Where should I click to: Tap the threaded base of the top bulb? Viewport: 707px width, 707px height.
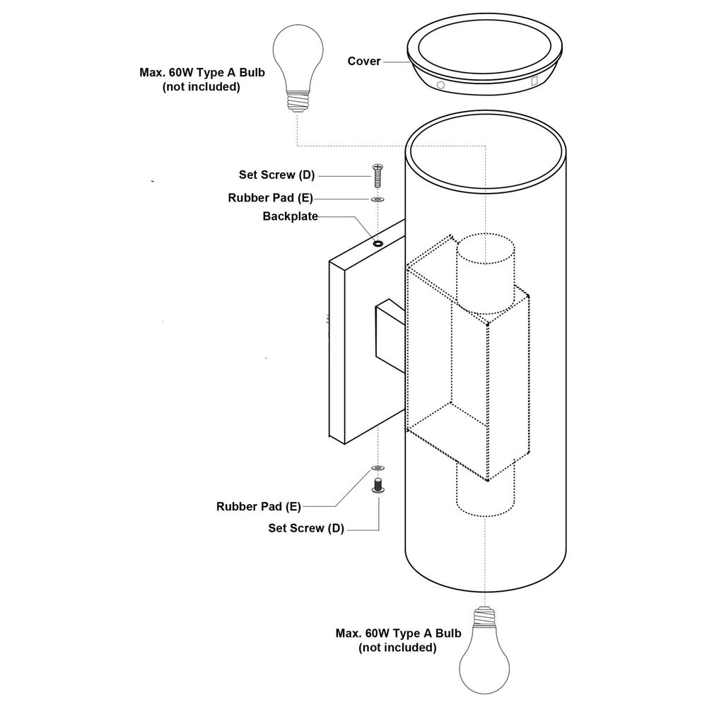(x=298, y=101)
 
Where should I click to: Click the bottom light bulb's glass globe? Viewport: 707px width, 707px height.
(x=484, y=664)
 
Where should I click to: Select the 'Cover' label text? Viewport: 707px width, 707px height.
(x=364, y=62)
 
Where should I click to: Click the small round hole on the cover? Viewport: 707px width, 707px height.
(x=440, y=85)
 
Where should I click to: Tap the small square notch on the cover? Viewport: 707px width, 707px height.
(x=534, y=81)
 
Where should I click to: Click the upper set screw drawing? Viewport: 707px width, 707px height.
(x=378, y=176)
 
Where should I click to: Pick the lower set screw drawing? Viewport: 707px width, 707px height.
(x=378, y=485)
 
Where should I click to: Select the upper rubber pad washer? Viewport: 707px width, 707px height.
(x=378, y=199)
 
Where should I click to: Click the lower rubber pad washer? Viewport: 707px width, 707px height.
(x=378, y=468)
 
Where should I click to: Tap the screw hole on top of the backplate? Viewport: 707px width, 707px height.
(x=378, y=243)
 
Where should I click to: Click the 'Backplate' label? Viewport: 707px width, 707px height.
(x=291, y=216)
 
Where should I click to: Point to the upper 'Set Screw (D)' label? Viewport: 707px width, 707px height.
(x=277, y=175)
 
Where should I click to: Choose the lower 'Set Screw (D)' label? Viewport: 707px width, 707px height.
(x=306, y=528)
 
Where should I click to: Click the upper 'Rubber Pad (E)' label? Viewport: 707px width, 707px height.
(x=270, y=198)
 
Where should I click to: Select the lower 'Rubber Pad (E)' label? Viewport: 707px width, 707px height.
(x=258, y=507)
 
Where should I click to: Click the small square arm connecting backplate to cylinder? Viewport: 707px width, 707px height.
(x=390, y=336)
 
